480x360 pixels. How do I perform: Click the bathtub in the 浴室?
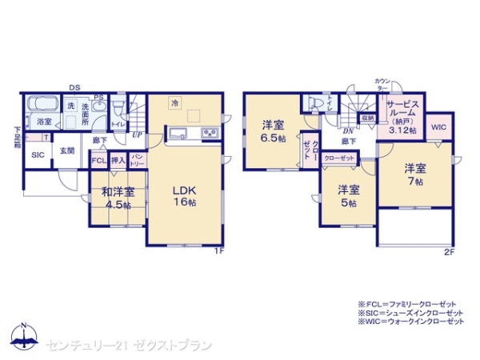click(40, 105)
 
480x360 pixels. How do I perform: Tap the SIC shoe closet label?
click(38, 156)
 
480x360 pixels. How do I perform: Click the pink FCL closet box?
click(98, 160)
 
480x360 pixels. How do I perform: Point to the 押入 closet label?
click(118, 160)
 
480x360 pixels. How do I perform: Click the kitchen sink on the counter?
click(178, 133)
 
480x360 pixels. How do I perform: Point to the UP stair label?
click(138, 134)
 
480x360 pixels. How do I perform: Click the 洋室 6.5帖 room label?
click(273, 130)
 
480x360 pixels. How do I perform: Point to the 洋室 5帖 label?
click(347, 195)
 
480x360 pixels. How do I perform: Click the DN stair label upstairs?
click(349, 130)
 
